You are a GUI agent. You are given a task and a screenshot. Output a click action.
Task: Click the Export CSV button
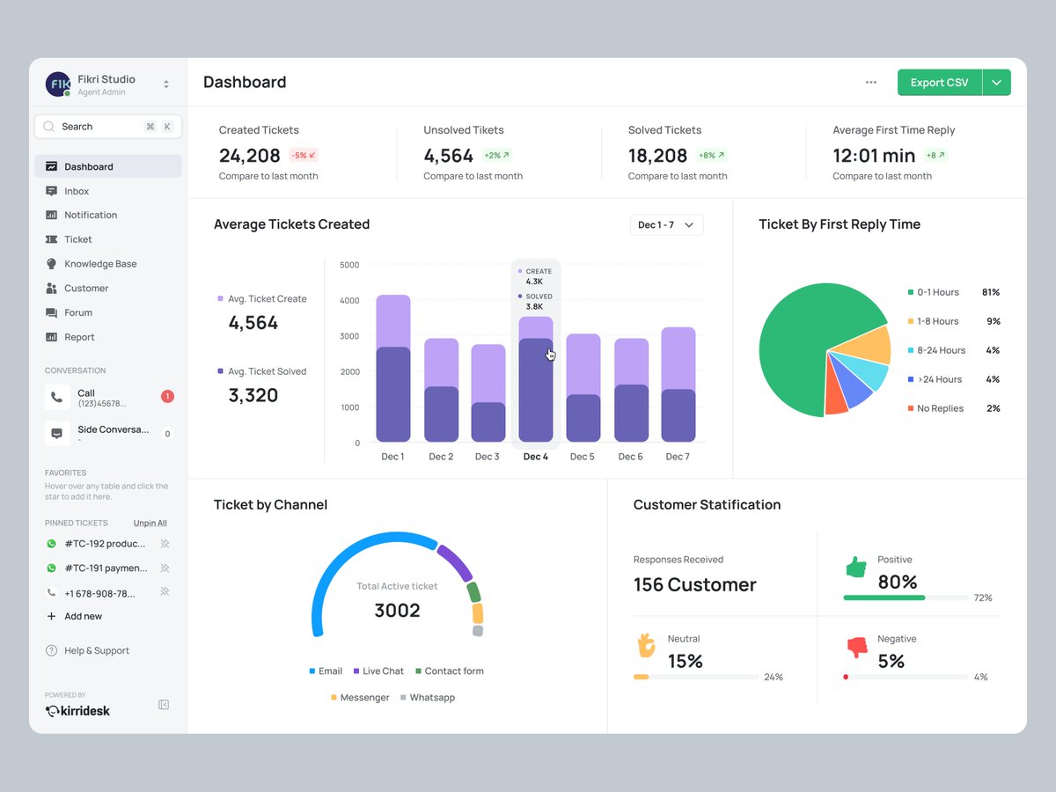[939, 83]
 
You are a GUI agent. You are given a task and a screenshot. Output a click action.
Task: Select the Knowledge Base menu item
[100, 264]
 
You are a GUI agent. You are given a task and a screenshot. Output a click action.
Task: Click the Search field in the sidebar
[97, 127]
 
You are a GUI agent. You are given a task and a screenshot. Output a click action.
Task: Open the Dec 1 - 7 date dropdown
[666, 225]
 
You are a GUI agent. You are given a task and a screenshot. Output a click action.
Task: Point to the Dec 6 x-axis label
[630, 457]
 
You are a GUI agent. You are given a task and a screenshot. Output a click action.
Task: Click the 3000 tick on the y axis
[349, 336]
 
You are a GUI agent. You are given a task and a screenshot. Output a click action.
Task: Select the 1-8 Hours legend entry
[937, 321]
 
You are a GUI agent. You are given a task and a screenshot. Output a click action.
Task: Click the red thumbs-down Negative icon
[856, 648]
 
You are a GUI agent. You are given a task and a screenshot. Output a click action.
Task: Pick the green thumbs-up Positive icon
[856, 568]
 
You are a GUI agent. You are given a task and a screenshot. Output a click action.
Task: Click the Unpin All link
[150, 523]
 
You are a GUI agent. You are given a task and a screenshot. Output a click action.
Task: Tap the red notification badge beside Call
[167, 397]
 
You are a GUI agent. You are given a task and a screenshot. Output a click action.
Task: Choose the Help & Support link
[96, 651]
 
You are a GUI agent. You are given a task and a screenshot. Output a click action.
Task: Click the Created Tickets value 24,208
[249, 156]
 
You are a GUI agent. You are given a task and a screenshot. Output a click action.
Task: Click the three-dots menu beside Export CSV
[871, 83]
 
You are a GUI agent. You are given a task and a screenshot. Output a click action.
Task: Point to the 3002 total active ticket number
[397, 611]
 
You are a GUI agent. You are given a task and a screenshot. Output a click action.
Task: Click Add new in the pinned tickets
[83, 617]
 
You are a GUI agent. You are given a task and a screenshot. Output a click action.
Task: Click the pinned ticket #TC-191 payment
[106, 568]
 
